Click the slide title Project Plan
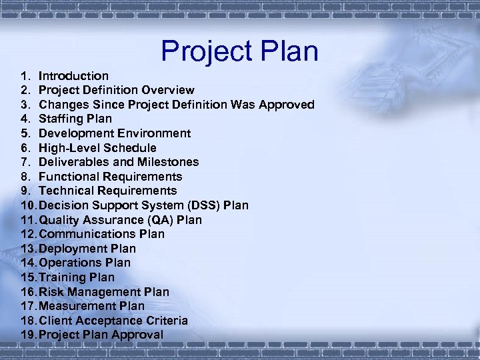(240, 52)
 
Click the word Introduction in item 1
(73, 76)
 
